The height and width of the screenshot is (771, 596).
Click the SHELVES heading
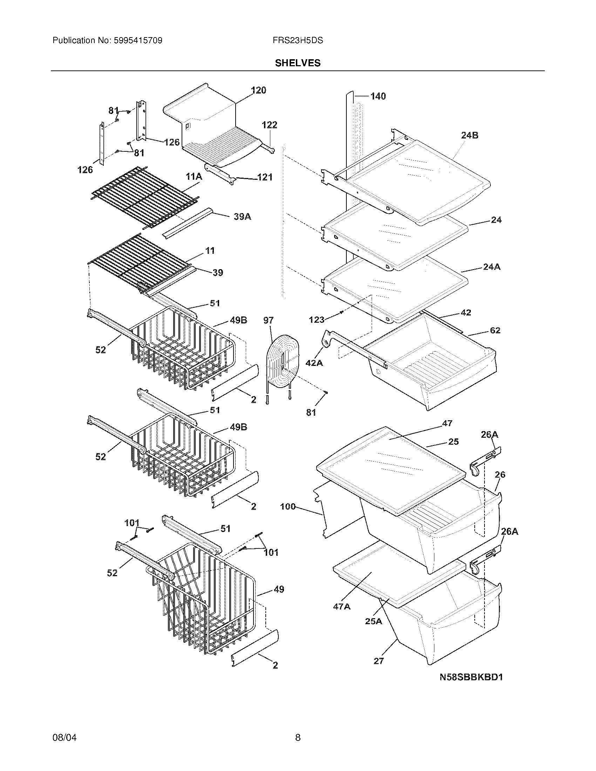click(x=298, y=63)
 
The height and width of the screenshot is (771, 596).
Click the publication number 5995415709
click(x=138, y=41)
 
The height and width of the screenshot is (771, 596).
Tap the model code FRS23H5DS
click(x=298, y=41)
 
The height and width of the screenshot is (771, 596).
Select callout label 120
click(x=259, y=90)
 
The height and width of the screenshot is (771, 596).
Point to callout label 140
click(x=378, y=96)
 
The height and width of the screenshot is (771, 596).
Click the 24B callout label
click(x=469, y=135)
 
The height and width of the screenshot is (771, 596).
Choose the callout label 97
click(x=268, y=320)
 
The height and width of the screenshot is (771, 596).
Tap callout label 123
click(x=316, y=320)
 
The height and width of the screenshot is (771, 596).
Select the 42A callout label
click(x=314, y=363)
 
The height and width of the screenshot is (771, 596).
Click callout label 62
click(x=495, y=330)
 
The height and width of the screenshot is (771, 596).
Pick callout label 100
click(x=288, y=507)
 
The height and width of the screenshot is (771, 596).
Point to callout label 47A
click(x=342, y=607)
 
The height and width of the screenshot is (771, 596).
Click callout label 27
click(x=379, y=661)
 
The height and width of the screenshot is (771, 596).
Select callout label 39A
click(x=243, y=217)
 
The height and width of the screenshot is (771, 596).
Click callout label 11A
click(x=194, y=177)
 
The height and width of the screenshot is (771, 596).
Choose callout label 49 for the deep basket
click(x=279, y=589)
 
